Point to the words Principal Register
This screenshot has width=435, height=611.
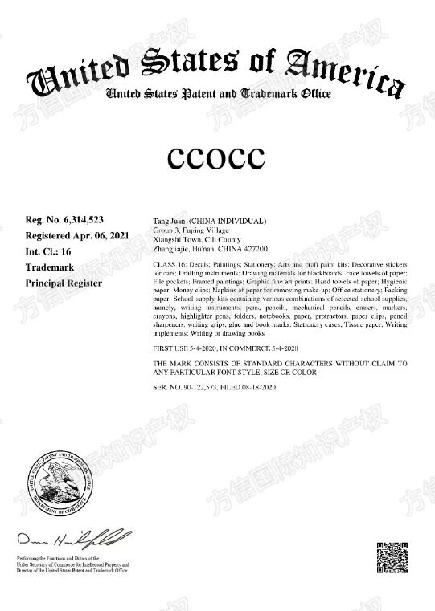click(x=64, y=283)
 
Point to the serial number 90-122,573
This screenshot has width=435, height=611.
click(x=202, y=388)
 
